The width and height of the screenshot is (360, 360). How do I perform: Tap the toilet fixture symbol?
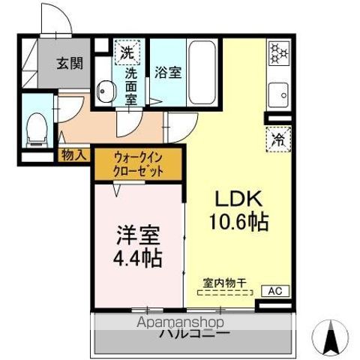35,128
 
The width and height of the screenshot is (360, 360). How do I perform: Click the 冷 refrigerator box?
277,139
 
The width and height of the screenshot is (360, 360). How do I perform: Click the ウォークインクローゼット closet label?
137,164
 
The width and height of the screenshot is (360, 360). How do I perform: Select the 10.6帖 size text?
238,223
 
